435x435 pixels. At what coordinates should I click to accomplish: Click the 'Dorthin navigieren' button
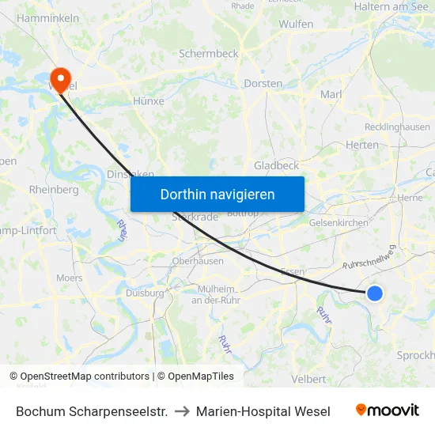click(217, 194)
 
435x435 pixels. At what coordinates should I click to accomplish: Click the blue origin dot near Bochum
click(375, 293)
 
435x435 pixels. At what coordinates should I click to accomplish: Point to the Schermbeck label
click(209, 54)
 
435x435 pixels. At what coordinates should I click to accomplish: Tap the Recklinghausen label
click(397, 127)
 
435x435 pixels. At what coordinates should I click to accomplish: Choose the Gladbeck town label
click(276, 165)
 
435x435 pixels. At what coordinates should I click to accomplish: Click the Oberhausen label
click(198, 261)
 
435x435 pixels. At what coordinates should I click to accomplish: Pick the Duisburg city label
click(145, 293)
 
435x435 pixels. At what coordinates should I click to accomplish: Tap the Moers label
click(70, 278)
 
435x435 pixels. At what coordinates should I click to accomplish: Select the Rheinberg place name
click(54, 190)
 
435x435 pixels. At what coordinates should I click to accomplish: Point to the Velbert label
click(308, 379)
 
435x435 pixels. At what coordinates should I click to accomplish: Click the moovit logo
click(388, 410)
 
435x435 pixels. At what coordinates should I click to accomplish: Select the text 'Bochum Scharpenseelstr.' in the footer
click(92, 411)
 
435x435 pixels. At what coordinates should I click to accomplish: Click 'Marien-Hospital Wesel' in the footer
click(263, 411)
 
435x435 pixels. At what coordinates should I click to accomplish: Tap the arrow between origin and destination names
click(182, 411)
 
